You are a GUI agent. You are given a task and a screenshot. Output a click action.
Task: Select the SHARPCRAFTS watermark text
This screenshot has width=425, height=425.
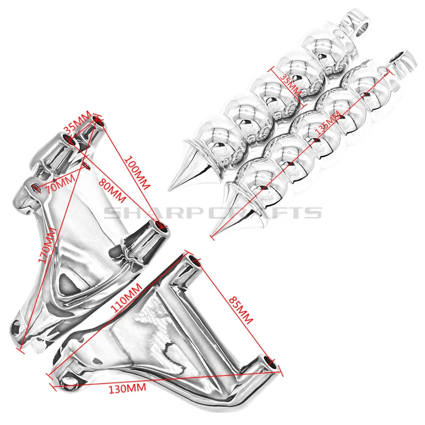(212, 212)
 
